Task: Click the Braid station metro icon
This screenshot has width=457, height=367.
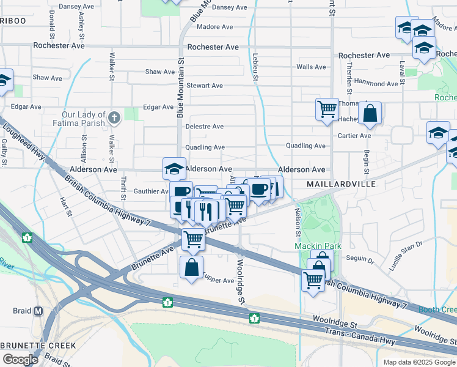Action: pos(38,311)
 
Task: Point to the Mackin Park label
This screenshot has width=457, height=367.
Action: pos(317,246)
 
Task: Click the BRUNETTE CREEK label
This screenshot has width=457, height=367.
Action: pos(38,346)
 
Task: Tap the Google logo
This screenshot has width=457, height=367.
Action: pos(20,360)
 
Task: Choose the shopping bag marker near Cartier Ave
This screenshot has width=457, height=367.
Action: pos(370,113)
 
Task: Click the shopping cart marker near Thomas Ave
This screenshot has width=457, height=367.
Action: pos(327,109)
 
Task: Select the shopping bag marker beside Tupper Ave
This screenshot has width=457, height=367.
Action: pos(192,267)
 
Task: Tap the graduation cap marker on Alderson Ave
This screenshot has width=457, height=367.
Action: pos(174,168)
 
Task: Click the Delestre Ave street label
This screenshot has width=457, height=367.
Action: pos(205,127)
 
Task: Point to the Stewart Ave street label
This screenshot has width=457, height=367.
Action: pos(205,86)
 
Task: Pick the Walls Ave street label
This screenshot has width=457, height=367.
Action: pos(311,67)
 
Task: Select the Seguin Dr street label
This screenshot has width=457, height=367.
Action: pos(359,259)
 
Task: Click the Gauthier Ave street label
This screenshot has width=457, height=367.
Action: pos(151,191)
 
